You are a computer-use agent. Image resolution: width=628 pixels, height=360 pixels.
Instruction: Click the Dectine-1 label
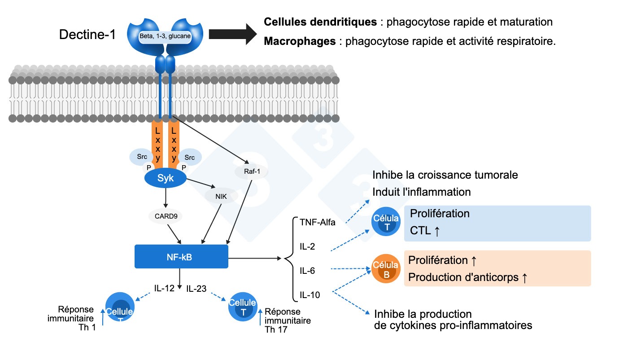coord(87,35)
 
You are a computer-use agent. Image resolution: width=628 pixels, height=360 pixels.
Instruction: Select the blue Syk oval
coord(165,179)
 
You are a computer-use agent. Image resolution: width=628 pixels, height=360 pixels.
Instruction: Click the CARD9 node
coord(166,216)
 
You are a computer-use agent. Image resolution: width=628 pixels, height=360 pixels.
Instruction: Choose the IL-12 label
coord(164,289)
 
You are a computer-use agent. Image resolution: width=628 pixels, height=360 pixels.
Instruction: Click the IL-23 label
coord(196,289)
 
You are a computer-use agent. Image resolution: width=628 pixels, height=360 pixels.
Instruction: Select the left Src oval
coord(142,157)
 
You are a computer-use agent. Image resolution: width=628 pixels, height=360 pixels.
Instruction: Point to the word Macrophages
coord(300,41)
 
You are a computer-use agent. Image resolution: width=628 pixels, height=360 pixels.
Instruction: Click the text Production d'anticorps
coord(463,278)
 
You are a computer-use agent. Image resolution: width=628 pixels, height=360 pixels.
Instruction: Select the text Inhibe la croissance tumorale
coord(445,175)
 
